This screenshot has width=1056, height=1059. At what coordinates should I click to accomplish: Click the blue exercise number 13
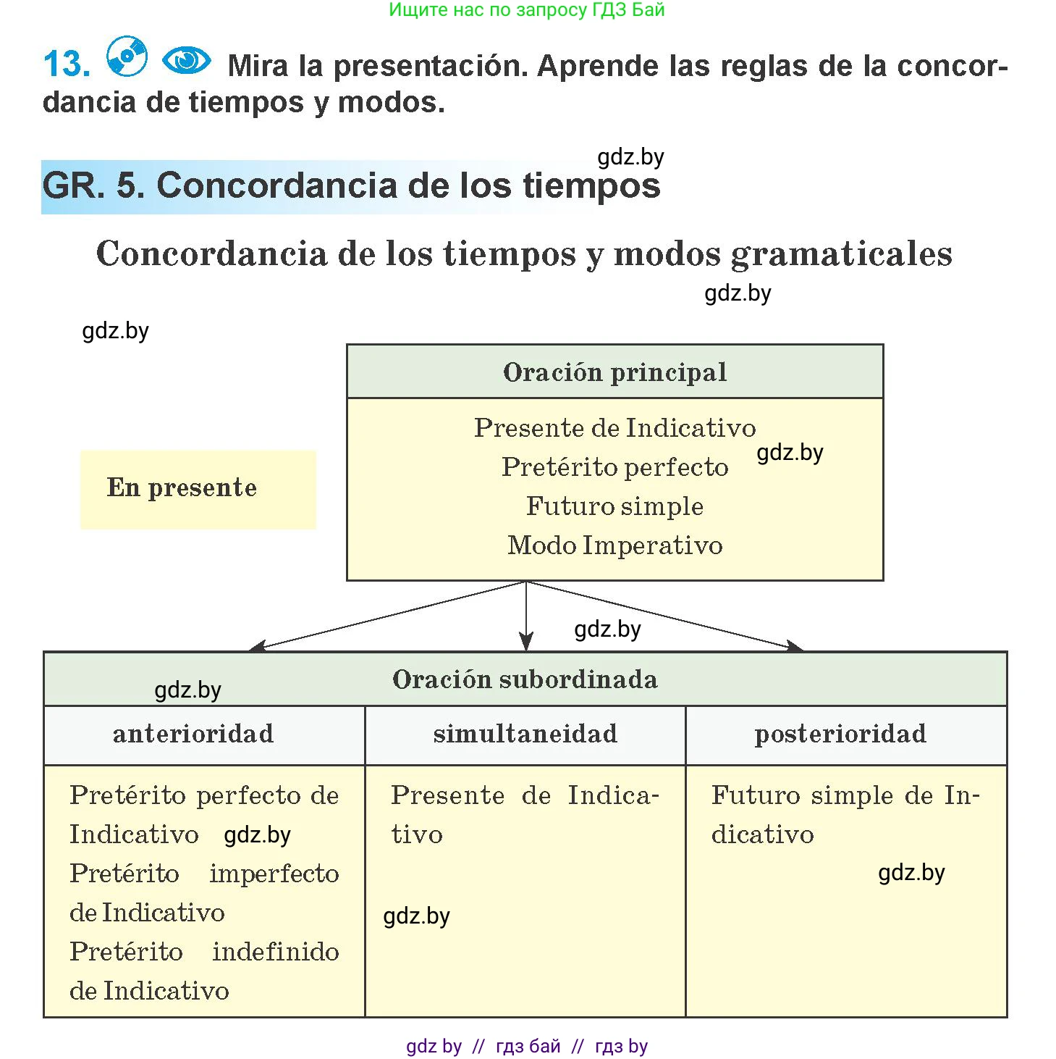point(67,63)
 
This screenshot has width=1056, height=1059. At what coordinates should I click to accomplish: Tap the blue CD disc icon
point(127,56)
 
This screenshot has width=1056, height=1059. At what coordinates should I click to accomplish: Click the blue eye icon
point(187,60)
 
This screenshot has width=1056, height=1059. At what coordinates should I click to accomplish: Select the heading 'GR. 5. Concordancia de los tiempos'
point(352,185)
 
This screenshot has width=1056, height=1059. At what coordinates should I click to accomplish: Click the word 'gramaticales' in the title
point(841,254)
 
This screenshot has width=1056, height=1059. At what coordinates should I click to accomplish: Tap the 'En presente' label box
point(198,490)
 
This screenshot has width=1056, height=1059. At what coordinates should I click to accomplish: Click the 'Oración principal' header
point(615,372)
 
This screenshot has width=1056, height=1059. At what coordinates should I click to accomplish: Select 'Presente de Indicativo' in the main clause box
point(615,427)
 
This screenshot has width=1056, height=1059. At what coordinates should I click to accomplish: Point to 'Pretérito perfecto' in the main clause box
point(615,467)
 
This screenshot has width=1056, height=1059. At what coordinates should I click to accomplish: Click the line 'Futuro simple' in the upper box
point(615,506)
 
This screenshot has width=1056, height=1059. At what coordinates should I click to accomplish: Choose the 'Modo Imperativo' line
point(615,545)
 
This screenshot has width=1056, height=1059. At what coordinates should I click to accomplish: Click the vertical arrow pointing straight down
point(526,616)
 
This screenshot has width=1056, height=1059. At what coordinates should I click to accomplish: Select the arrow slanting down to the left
point(387,616)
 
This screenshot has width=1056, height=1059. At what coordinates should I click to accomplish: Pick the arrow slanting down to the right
point(665,616)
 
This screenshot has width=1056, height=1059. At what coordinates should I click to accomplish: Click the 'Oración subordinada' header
point(525,679)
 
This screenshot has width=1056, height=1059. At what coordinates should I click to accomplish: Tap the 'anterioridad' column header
point(193,734)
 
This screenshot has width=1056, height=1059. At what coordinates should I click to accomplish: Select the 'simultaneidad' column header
point(525,734)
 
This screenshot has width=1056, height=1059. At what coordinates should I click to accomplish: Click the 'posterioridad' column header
point(841,734)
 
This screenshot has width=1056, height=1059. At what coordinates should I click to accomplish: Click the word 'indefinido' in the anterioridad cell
point(276,952)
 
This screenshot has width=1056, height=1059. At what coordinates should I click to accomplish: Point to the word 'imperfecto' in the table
point(274,874)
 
